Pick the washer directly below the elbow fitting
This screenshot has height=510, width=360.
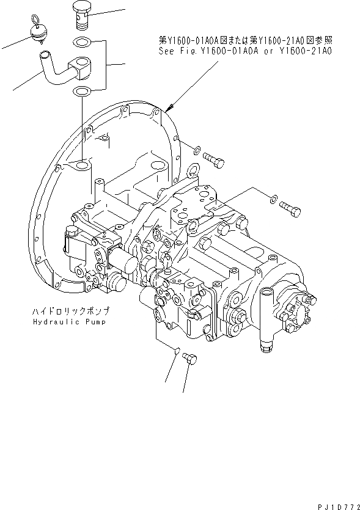[x=80, y=91]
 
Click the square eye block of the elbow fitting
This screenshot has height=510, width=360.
[x=80, y=66]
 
